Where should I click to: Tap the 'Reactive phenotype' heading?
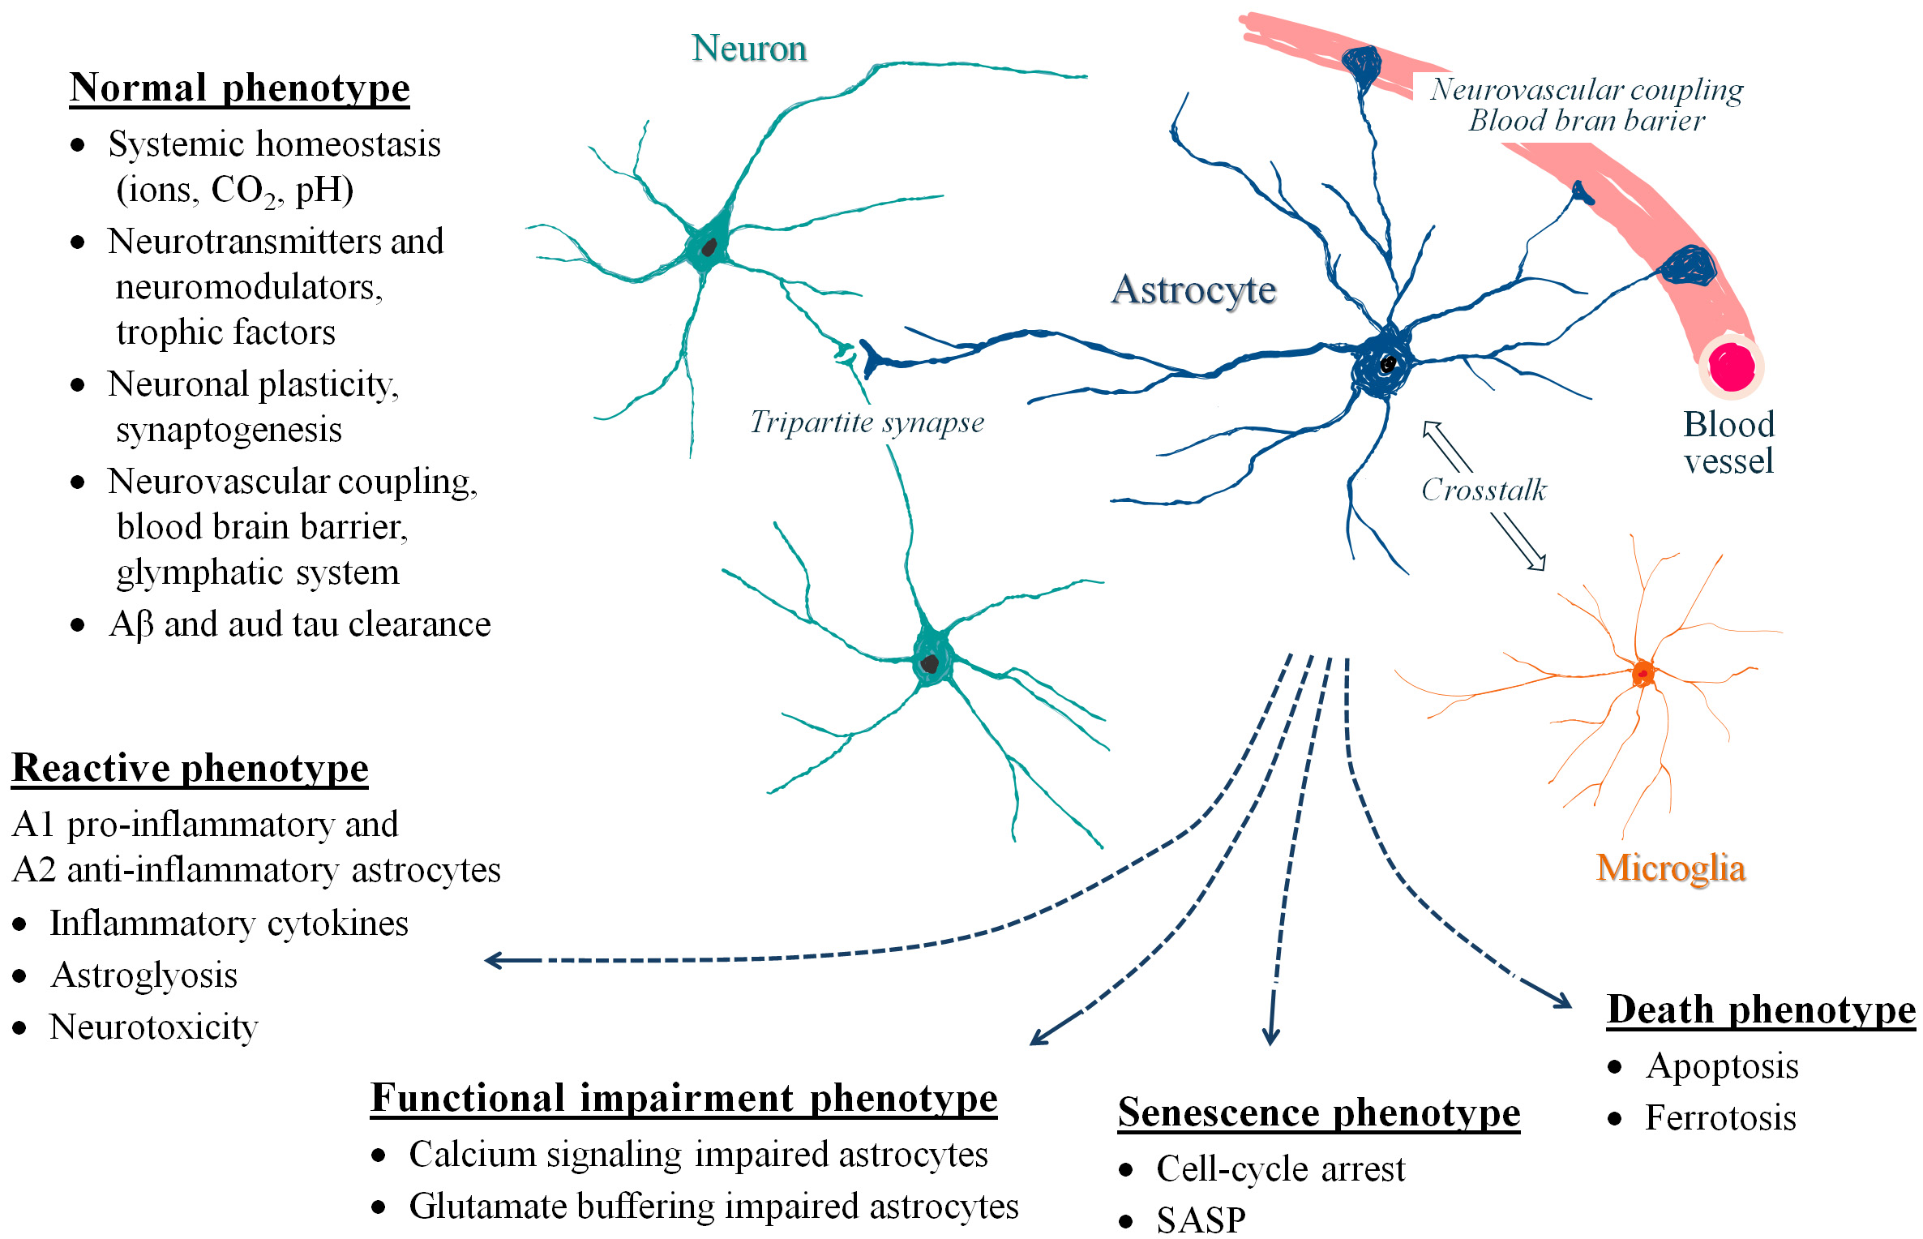190,768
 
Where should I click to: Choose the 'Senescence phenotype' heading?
1319,1113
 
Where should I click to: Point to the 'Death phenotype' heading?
1761,1010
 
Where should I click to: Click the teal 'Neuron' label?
749,49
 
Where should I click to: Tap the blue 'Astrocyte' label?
1193,289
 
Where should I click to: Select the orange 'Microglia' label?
1670,868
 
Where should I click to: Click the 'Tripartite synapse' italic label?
867,422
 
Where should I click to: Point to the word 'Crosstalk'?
1484,490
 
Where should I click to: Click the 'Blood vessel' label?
1728,443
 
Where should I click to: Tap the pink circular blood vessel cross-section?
1732,367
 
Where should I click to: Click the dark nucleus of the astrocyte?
1388,364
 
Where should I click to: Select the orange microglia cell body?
1643,673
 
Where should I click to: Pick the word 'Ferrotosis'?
1720,1118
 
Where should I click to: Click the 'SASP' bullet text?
1201,1220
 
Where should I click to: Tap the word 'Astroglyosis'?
144,975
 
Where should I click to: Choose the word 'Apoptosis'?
1722,1066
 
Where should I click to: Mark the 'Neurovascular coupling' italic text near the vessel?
1587,89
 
